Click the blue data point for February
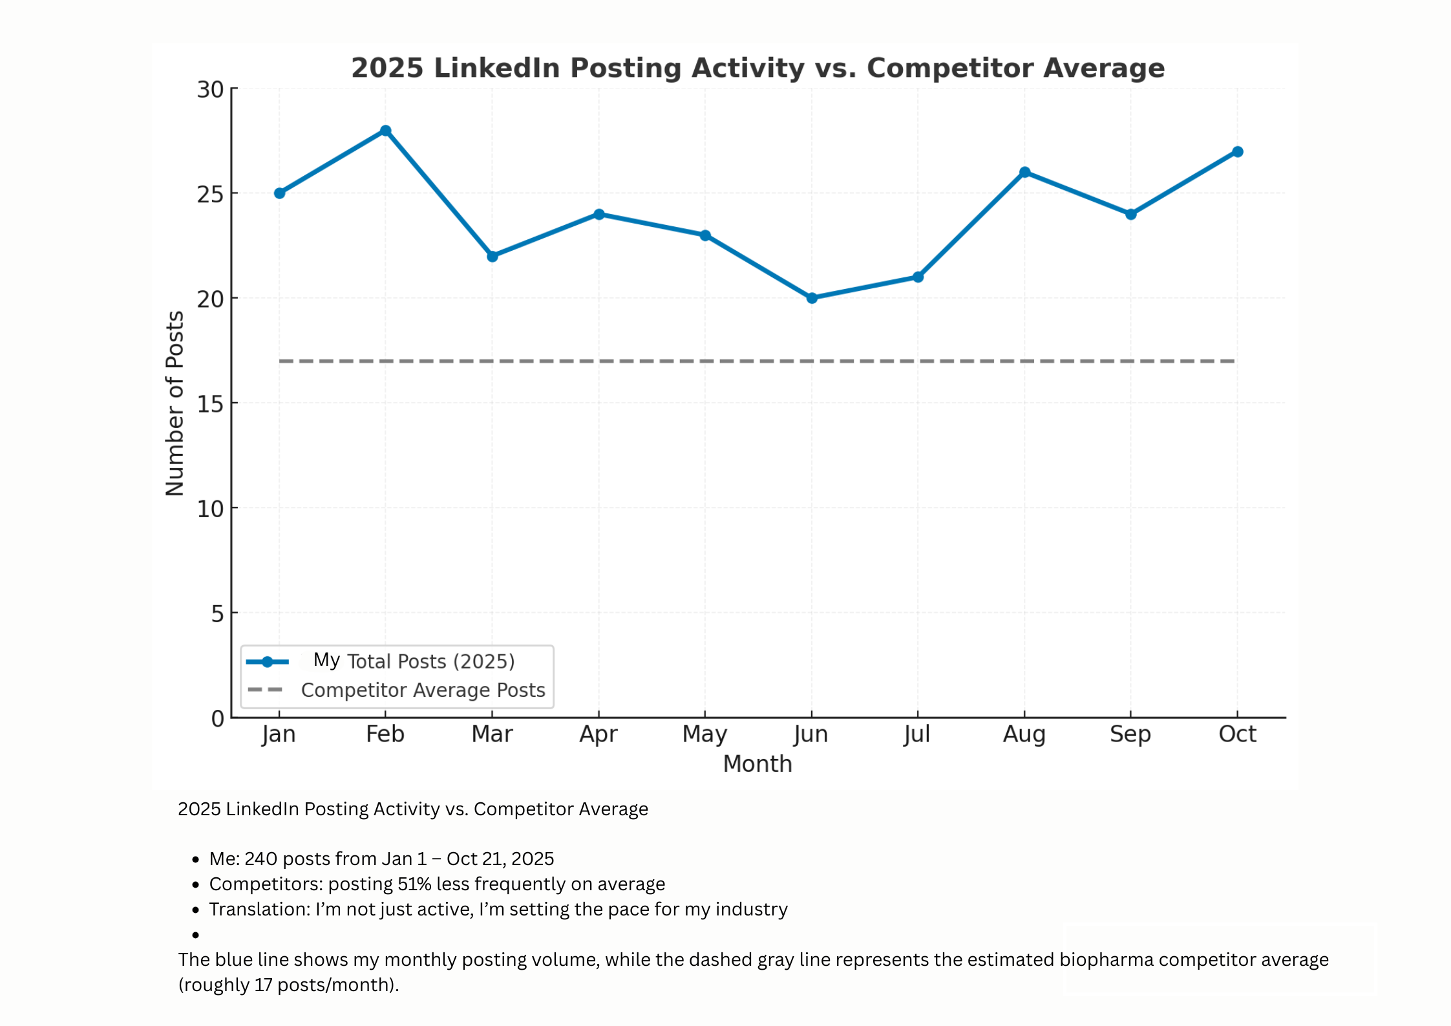pyautogui.click(x=385, y=131)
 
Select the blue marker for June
pyautogui.click(x=812, y=298)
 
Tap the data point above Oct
pyautogui.click(x=1237, y=152)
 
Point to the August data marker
pyautogui.click(x=1024, y=173)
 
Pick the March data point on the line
pyautogui.click(x=492, y=257)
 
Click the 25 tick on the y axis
pyautogui.click(x=210, y=194)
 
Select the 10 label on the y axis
pyautogui.click(x=210, y=509)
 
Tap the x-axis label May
pyautogui.click(x=704, y=734)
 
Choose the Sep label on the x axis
pyautogui.click(x=1130, y=734)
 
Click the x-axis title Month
pyautogui.click(x=757, y=764)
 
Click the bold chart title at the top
pyautogui.click(x=757, y=68)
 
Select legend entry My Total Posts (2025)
pyautogui.click(x=414, y=661)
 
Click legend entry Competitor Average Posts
pyautogui.click(x=423, y=690)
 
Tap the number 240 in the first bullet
pyautogui.click(x=260, y=859)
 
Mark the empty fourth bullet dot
pyautogui.click(x=195, y=935)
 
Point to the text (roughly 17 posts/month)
pyautogui.click(x=288, y=985)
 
